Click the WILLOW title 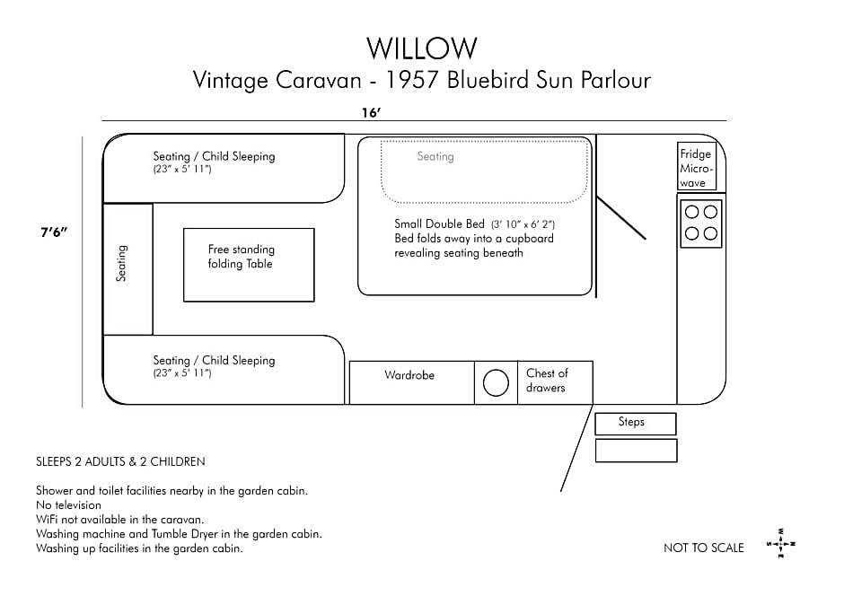[422, 48]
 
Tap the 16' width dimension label [372, 112]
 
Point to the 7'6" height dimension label [54, 232]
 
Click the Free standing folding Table [249, 265]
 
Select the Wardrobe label [409, 375]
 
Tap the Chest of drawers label [547, 381]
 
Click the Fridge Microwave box [697, 166]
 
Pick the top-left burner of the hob [691, 212]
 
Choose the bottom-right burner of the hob [710, 233]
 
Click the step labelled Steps [635, 424]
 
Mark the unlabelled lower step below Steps [636, 451]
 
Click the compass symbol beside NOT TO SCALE [781, 543]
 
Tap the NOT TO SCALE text [704, 548]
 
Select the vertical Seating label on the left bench [121, 264]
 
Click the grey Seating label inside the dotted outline [435, 156]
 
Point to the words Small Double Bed [439, 223]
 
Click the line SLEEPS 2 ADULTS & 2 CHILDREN [120, 461]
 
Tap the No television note [68, 505]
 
